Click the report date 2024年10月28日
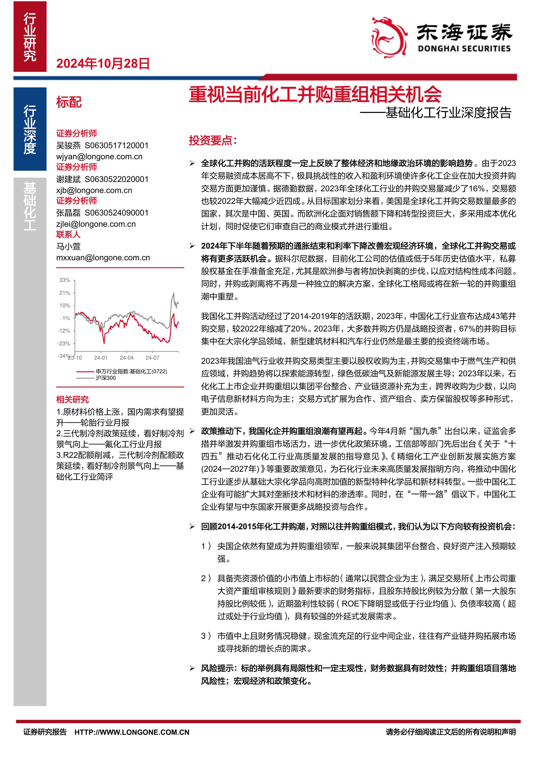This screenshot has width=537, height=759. point(103,63)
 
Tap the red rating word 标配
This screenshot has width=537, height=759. point(69,102)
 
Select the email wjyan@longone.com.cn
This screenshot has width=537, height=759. point(99,157)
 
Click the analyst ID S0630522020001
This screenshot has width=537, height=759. point(117,179)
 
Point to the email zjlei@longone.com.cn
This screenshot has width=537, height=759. point(96,224)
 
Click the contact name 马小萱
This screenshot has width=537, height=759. point(68,246)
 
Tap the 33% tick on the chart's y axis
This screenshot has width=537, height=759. point(65,280)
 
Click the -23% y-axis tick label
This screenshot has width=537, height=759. point(64,343)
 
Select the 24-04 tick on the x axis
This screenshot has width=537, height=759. point(127,358)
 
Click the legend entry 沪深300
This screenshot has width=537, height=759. point(105,378)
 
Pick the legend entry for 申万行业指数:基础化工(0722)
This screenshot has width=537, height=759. point(131,371)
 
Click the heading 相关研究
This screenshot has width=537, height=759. point(73,399)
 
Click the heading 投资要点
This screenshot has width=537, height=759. point(213,140)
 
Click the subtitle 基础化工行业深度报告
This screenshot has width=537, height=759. point(448,113)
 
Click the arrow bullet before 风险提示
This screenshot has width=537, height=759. point(192,668)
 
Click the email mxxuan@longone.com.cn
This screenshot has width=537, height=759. point(103,258)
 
